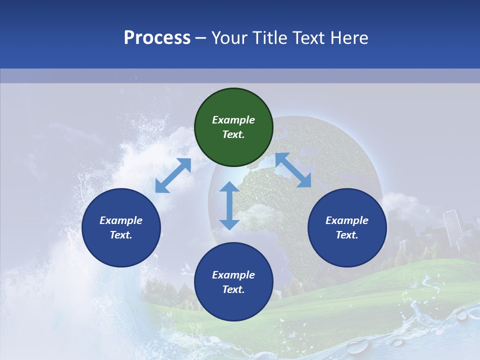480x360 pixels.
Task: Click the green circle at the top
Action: (x=233, y=127)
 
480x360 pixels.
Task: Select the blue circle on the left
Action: (x=121, y=227)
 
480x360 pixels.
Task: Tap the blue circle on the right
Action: (x=347, y=227)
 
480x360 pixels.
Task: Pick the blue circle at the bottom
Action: (x=233, y=282)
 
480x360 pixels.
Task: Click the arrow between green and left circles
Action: (x=173, y=175)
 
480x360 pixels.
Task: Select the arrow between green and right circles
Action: (x=293, y=170)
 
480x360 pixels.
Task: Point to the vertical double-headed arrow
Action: (x=229, y=205)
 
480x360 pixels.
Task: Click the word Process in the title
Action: (x=157, y=37)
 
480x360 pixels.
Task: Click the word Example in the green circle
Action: (x=233, y=120)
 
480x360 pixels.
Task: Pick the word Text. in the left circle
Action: (x=121, y=235)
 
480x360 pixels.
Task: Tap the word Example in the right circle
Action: (x=347, y=220)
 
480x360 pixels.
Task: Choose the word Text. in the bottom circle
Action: (x=233, y=289)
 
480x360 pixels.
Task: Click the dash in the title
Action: (x=201, y=38)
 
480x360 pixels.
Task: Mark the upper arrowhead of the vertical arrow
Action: (x=229, y=187)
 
